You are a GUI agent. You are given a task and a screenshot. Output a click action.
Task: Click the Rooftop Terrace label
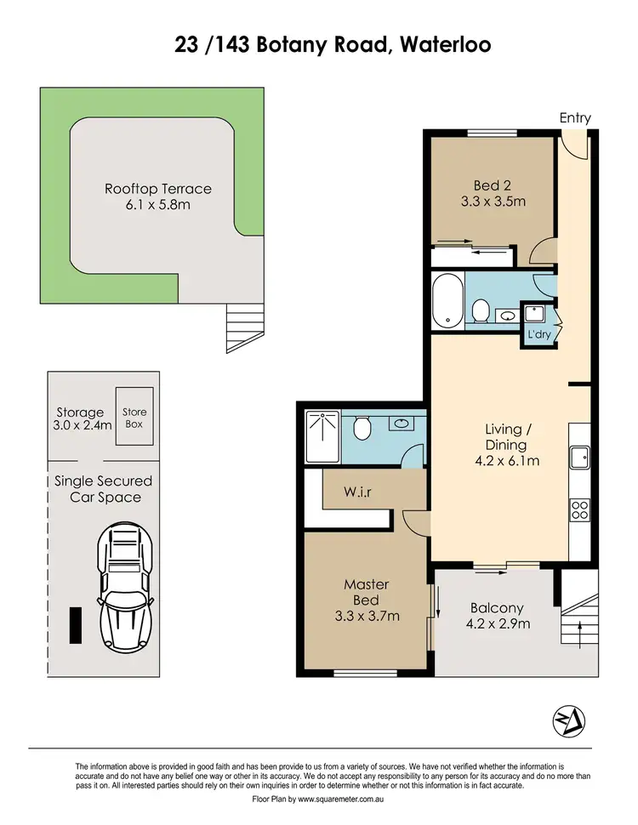(157, 189)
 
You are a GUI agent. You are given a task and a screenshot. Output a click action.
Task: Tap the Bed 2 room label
(498, 185)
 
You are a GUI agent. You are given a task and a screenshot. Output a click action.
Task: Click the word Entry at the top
(574, 118)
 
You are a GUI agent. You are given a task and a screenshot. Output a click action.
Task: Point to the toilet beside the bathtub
(480, 310)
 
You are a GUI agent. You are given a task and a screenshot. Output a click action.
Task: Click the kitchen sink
(581, 458)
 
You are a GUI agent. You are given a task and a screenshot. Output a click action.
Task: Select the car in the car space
(124, 586)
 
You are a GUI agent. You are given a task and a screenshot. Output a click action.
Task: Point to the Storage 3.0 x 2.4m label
(81, 419)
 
